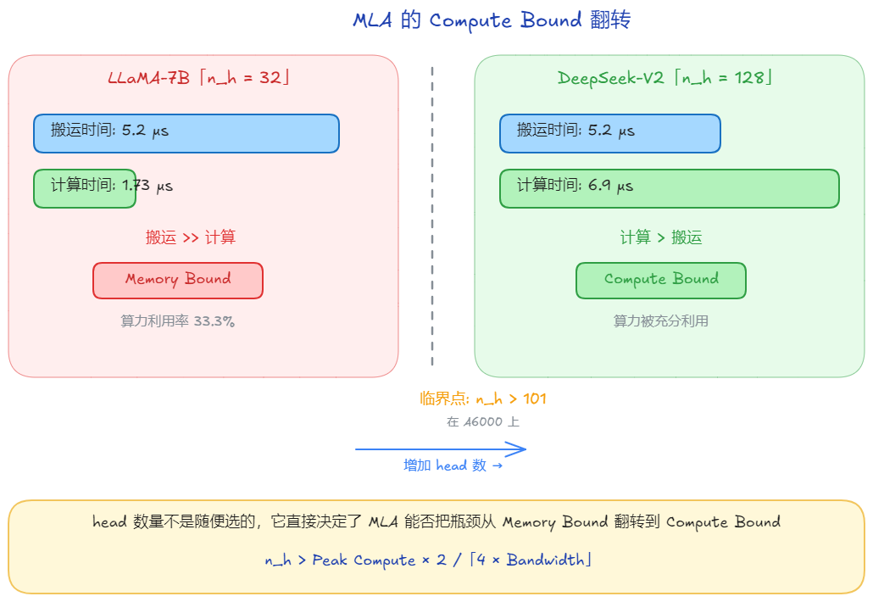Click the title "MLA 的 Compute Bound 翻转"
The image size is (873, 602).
pos(492,21)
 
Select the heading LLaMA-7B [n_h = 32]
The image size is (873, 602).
pos(199,79)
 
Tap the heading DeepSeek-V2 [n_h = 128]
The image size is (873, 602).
pos(664,79)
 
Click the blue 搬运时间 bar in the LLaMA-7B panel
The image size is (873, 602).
pos(186,133)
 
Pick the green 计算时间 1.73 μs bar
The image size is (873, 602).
pos(85,187)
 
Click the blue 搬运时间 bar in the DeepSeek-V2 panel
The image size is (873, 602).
pos(609,133)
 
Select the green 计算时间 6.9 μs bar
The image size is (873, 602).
pos(669,187)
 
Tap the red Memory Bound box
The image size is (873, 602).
pos(178,280)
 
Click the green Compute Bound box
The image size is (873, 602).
pos(661,280)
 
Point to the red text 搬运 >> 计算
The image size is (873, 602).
pos(191,237)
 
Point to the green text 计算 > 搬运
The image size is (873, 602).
pos(661,237)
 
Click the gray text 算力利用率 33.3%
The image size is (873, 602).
pos(178,321)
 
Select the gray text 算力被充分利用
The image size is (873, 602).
pos(661,321)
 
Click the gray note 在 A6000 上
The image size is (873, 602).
pos(483,421)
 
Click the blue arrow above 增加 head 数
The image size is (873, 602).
pos(441,449)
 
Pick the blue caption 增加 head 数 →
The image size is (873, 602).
pos(453,465)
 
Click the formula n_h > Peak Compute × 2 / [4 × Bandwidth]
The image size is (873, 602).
pos(428,560)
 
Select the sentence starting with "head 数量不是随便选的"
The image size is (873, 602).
pos(436,522)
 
